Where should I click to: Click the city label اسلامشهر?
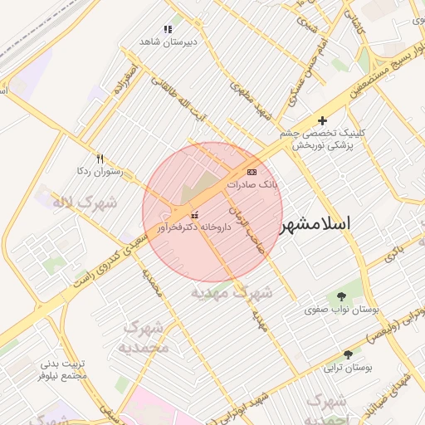(x=315, y=223)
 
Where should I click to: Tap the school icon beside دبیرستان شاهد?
(x=168, y=29)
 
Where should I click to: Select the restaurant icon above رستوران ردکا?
(x=100, y=158)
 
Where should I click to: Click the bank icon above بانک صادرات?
(x=252, y=172)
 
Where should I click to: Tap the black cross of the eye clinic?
(x=323, y=120)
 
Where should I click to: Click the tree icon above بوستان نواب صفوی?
(x=341, y=296)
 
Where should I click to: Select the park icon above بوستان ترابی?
(x=348, y=354)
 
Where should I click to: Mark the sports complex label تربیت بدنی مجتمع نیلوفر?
(x=64, y=369)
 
